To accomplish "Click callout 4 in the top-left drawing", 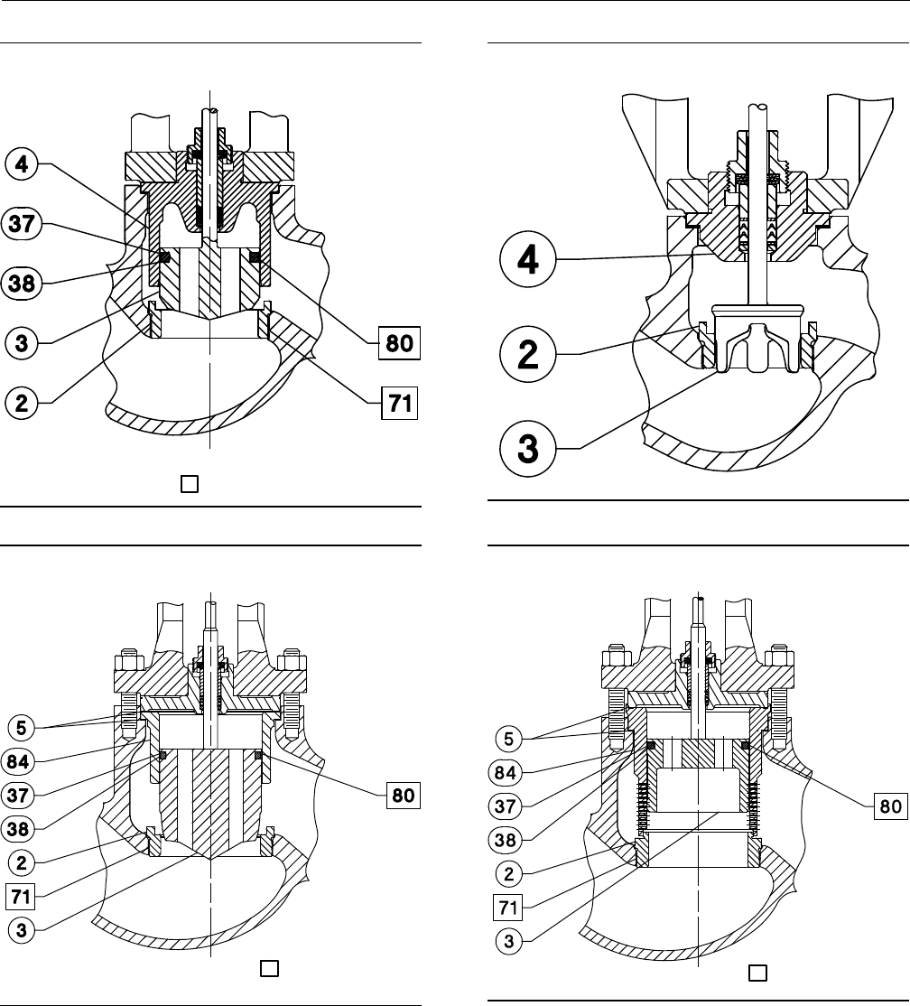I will [x=22, y=166].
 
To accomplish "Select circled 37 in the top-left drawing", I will [x=22, y=224].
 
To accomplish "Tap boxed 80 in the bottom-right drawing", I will [x=890, y=806].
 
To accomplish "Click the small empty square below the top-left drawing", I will [x=189, y=485].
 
